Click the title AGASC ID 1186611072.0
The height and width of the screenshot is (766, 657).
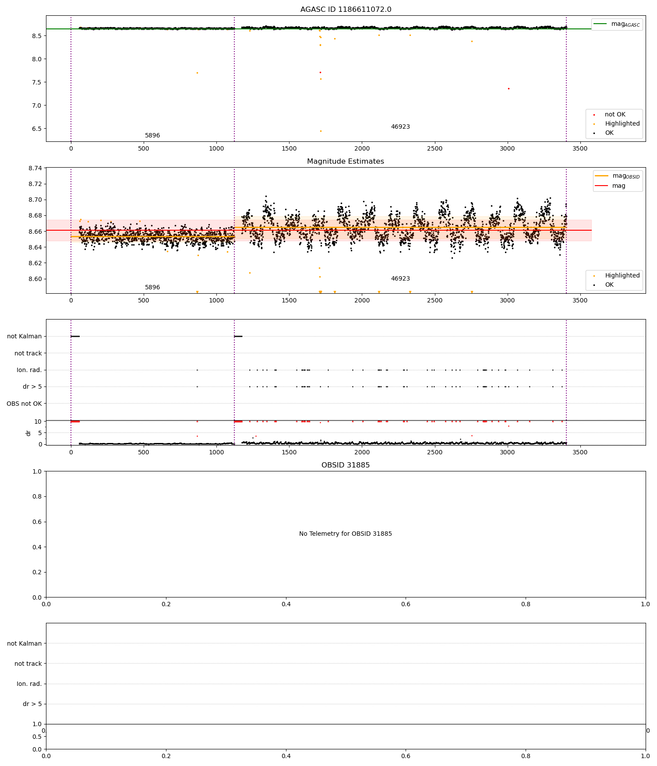click(x=346, y=10)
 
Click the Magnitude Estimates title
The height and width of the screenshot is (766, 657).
click(x=346, y=162)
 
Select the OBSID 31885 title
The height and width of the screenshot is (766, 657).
click(x=346, y=465)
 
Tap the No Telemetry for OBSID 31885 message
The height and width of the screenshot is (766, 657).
click(x=346, y=534)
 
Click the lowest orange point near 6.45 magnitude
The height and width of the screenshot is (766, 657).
click(x=321, y=131)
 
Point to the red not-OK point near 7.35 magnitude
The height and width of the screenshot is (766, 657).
click(x=509, y=88)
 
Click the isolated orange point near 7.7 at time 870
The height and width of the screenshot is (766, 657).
click(x=197, y=73)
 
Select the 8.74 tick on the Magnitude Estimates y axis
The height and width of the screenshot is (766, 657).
click(x=35, y=169)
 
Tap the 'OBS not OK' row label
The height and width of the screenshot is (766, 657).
click(x=24, y=404)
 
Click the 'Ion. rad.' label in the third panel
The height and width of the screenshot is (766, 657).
click(x=29, y=370)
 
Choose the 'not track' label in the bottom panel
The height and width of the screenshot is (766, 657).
click(x=28, y=664)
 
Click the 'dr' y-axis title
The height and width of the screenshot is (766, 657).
click(x=28, y=433)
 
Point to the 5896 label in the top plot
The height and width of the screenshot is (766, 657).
click(x=152, y=136)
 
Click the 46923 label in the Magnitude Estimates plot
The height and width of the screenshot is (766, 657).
click(x=400, y=279)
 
